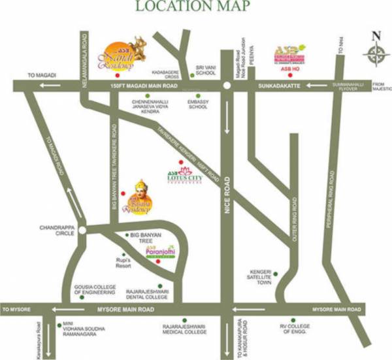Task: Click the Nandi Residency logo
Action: (124, 52)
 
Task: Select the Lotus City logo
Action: (181, 174)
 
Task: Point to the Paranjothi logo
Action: (159, 246)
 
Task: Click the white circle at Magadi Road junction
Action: (226, 86)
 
